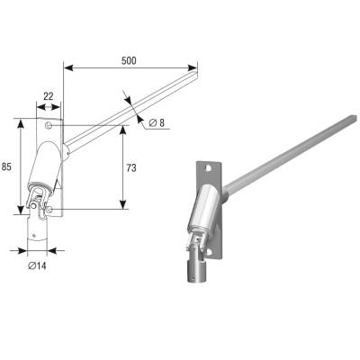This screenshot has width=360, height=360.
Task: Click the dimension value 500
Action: (x=129, y=60)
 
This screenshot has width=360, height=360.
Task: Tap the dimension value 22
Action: (x=49, y=96)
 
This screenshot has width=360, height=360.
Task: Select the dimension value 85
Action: (x=6, y=166)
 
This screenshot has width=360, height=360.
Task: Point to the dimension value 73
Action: (x=131, y=168)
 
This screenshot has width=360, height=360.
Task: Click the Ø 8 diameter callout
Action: (x=157, y=122)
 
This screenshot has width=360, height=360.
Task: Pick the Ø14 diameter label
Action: (x=37, y=265)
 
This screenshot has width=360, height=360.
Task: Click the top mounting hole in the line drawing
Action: (x=48, y=125)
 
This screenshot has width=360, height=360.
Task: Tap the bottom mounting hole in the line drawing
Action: (x=49, y=209)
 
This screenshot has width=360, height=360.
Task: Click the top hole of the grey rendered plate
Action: (x=209, y=168)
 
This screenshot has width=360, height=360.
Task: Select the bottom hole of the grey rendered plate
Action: (x=210, y=251)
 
